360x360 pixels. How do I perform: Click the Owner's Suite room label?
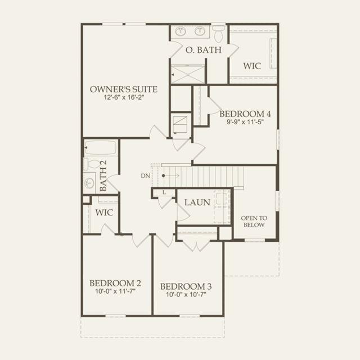(x=124, y=89)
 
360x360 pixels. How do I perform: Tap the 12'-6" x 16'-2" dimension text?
(x=124, y=97)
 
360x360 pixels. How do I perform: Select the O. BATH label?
(x=204, y=50)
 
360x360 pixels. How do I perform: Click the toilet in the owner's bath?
(x=218, y=34)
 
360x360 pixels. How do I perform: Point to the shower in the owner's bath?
(x=188, y=74)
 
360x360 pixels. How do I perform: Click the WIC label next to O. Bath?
(x=252, y=66)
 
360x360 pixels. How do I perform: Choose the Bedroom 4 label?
(x=245, y=114)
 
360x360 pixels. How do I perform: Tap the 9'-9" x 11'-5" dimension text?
(x=245, y=121)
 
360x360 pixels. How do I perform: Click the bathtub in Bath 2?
(x=101, y=147)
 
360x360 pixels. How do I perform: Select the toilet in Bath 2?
(x=93, y=164)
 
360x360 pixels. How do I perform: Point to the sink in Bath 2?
(x=89, y=183)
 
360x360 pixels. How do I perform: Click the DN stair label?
(x=145, y=176)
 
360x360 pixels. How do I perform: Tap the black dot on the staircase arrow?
(x=164, y=175)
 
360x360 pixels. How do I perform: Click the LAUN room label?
(x=197, y=202)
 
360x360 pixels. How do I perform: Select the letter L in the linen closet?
(x=164, y=192)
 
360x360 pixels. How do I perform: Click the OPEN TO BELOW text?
(x=254, y=221)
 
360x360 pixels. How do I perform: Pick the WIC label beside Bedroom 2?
(x=104, y=213)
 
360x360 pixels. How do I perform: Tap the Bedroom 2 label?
(x=115, y=283)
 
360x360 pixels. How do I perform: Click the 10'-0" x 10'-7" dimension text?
(x=186, y=294)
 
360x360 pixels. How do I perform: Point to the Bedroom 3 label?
(x=186, y=286)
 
